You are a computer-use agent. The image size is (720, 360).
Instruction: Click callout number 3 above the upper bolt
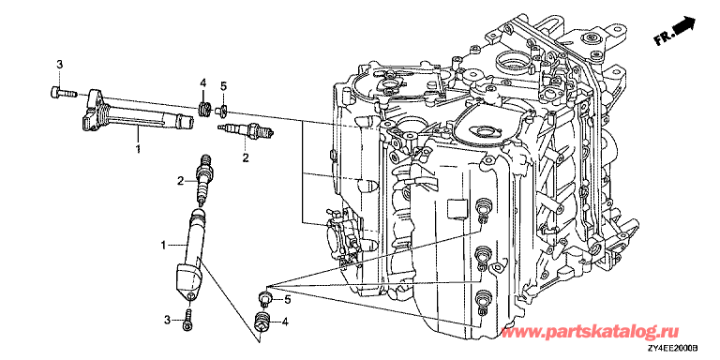[59, 65]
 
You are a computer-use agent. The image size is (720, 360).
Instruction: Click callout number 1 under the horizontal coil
[138, 148]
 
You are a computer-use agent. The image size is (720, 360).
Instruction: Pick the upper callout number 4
[202, 83]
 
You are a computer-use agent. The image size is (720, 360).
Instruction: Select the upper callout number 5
[223, 85]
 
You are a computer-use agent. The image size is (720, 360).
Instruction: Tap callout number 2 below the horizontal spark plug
[246, 157]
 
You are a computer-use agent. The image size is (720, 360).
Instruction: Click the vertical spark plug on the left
[202, 180]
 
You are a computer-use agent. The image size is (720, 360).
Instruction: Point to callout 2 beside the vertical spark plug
[181, 180]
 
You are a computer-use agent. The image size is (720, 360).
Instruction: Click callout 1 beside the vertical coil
[163, 247]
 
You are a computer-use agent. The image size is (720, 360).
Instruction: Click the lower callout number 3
[168, 319]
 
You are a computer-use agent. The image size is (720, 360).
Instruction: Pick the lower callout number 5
[288, 300]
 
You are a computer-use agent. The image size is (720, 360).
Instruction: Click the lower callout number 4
[285, 322]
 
